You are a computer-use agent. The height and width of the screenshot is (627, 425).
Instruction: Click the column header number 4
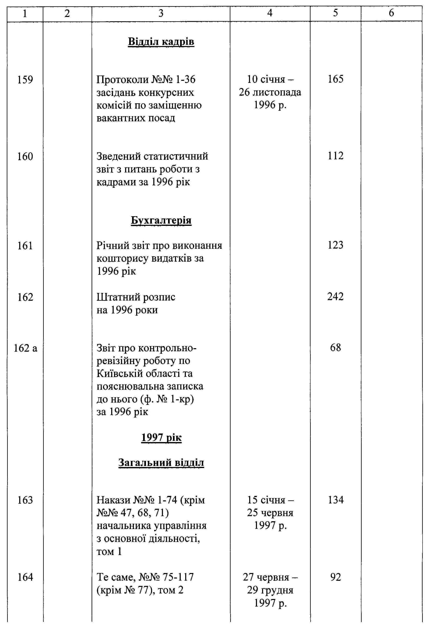(270, 13)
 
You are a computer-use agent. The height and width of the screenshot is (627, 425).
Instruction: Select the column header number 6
(391, 13)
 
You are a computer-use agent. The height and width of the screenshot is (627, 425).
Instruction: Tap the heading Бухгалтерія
(161, 220)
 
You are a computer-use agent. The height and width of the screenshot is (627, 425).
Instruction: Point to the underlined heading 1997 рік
(161, 437)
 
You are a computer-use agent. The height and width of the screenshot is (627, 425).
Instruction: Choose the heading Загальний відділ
(161, 463)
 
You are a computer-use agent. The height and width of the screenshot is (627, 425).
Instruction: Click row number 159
(25, 80)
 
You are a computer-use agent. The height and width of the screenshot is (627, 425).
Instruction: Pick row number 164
(25, 577)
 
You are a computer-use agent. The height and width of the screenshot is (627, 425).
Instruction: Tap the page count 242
(335, 297)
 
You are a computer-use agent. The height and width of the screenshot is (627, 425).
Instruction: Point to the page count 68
(335, 348)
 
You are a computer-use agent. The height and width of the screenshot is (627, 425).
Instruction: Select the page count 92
(335, 577)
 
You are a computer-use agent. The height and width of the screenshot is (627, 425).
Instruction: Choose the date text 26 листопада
(270, 92)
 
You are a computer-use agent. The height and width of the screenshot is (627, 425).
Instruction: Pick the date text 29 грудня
(270, 590)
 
